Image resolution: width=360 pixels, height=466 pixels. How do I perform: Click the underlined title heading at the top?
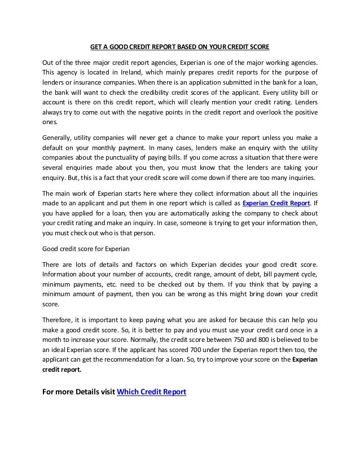(180, 45)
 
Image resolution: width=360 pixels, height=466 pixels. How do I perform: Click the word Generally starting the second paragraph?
(59, 138)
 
